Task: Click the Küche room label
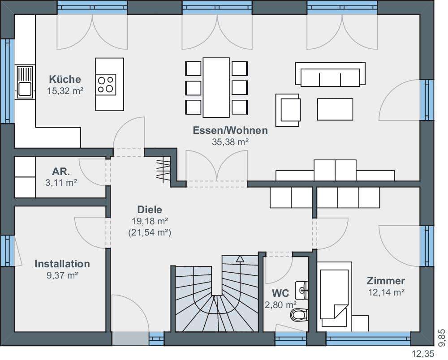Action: (65, 79)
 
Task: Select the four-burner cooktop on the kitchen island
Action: (106, 85)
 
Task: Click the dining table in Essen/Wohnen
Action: (216, 87)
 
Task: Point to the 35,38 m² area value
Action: (230, 142)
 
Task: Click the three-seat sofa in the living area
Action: (330, 74)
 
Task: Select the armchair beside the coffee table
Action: (288, 110)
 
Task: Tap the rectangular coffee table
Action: (335, 109)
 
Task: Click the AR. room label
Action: (61, 171)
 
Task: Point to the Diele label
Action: (150, 210)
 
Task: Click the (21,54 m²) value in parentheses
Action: (150, 232)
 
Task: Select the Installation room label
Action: (62, 264)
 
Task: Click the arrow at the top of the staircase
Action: (240, 259)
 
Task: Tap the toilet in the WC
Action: (299, 315)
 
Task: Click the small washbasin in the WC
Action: (302, 290)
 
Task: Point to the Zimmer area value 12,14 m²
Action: (386, 292)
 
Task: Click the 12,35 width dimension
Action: (423, 354)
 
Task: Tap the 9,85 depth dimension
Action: (441, 338)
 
